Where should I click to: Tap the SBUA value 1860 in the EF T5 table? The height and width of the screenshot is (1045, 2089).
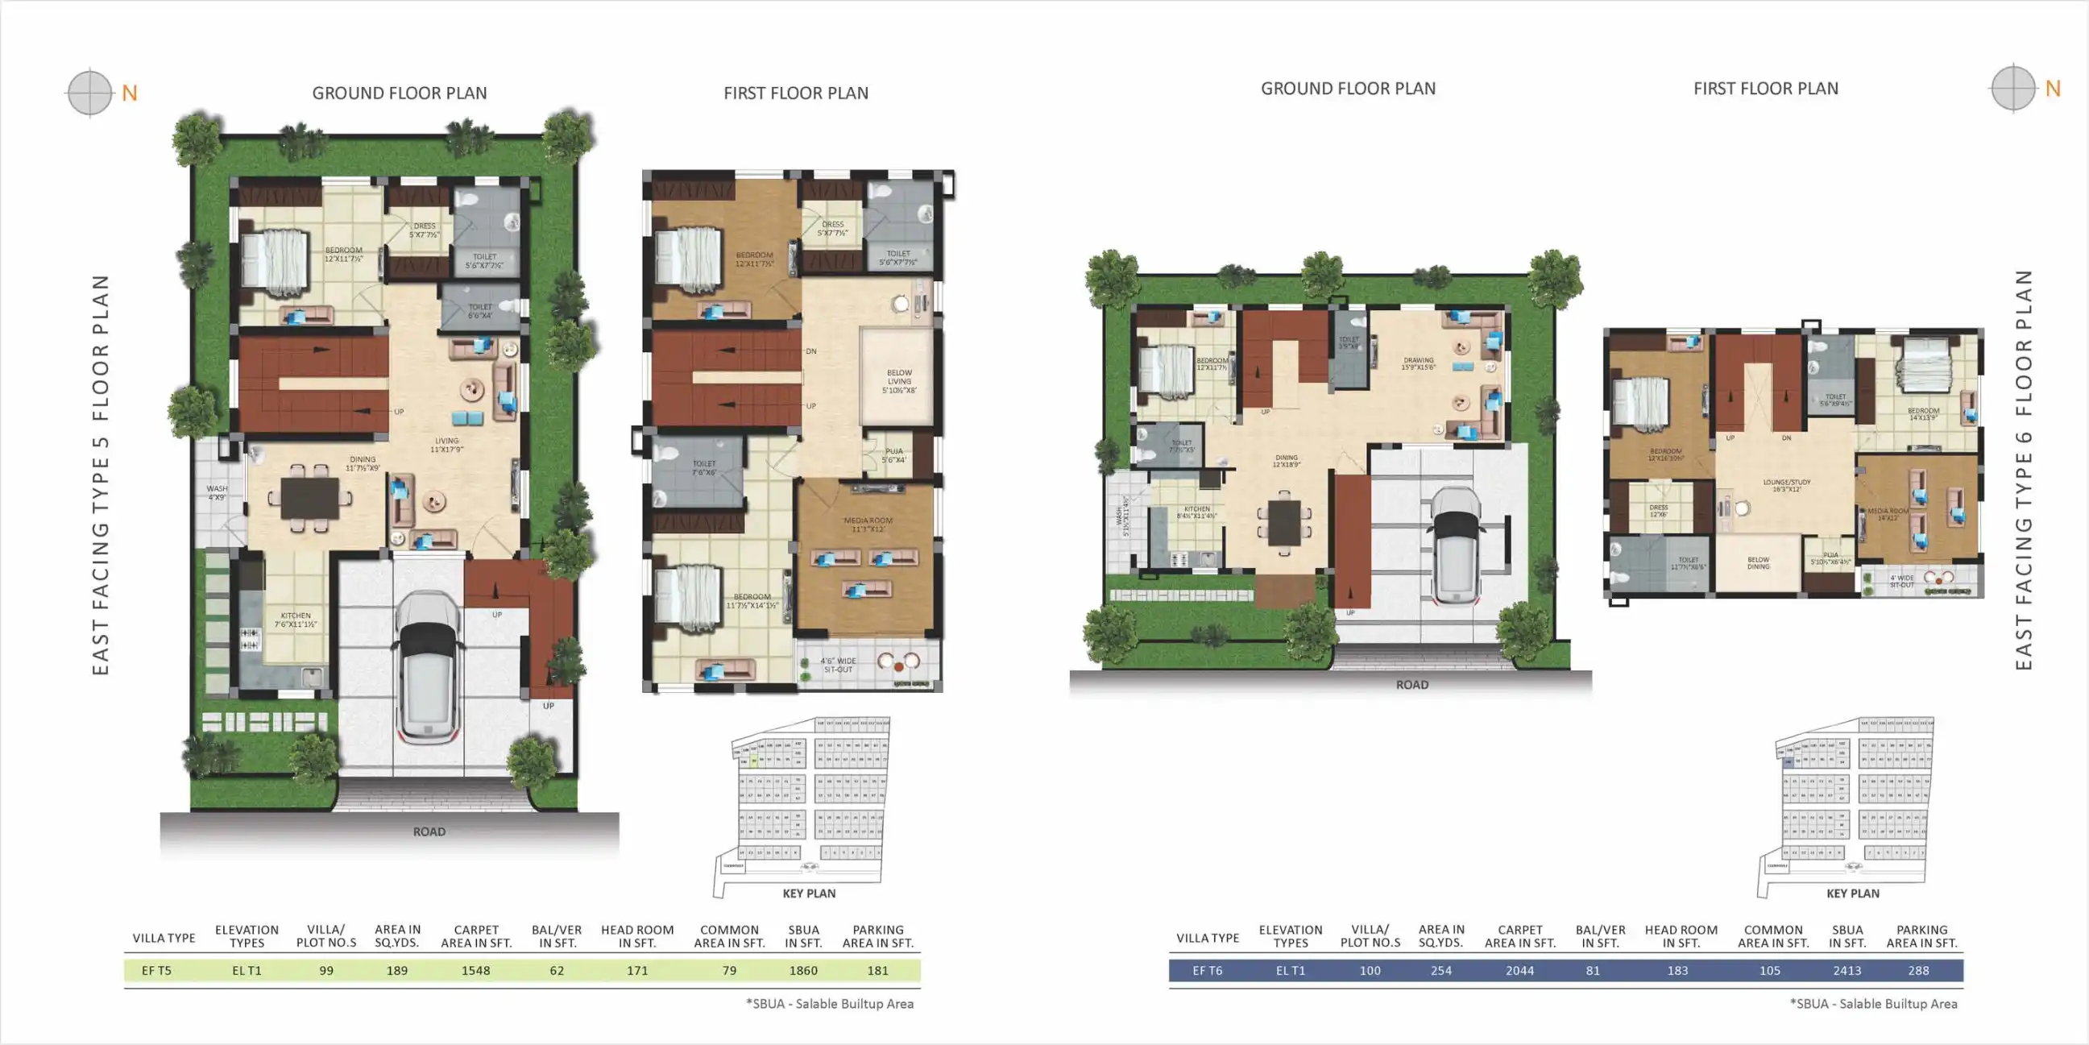[x=803, y=970]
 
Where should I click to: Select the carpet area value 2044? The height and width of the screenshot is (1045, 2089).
[x=1519, y=970]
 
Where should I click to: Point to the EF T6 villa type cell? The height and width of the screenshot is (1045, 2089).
[x=1207, y=970]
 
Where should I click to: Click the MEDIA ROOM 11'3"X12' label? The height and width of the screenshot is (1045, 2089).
[x=868, y=525]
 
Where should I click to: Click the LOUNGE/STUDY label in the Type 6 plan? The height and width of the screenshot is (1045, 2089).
[x=1787, y=485]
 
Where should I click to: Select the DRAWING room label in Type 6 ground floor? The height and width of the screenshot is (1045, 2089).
[x=1419, y=363]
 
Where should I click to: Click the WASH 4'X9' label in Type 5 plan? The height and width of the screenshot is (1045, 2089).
[x=217, y=492]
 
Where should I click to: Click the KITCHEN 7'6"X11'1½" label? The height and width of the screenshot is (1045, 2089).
[x=295, y=620]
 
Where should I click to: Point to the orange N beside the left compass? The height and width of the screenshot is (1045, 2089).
[x=130, y=93]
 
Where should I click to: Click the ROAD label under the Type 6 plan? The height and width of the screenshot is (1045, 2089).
[x=1411, y=685]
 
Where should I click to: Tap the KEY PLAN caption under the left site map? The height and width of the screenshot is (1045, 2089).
[x=809, y=894]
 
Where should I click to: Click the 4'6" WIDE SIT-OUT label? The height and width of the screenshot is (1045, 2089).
[x=838, y=666]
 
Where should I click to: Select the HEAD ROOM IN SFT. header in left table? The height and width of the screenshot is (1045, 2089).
[x=636, y=936]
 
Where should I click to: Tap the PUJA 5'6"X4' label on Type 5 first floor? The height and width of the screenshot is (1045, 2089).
[x=893, y=455]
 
